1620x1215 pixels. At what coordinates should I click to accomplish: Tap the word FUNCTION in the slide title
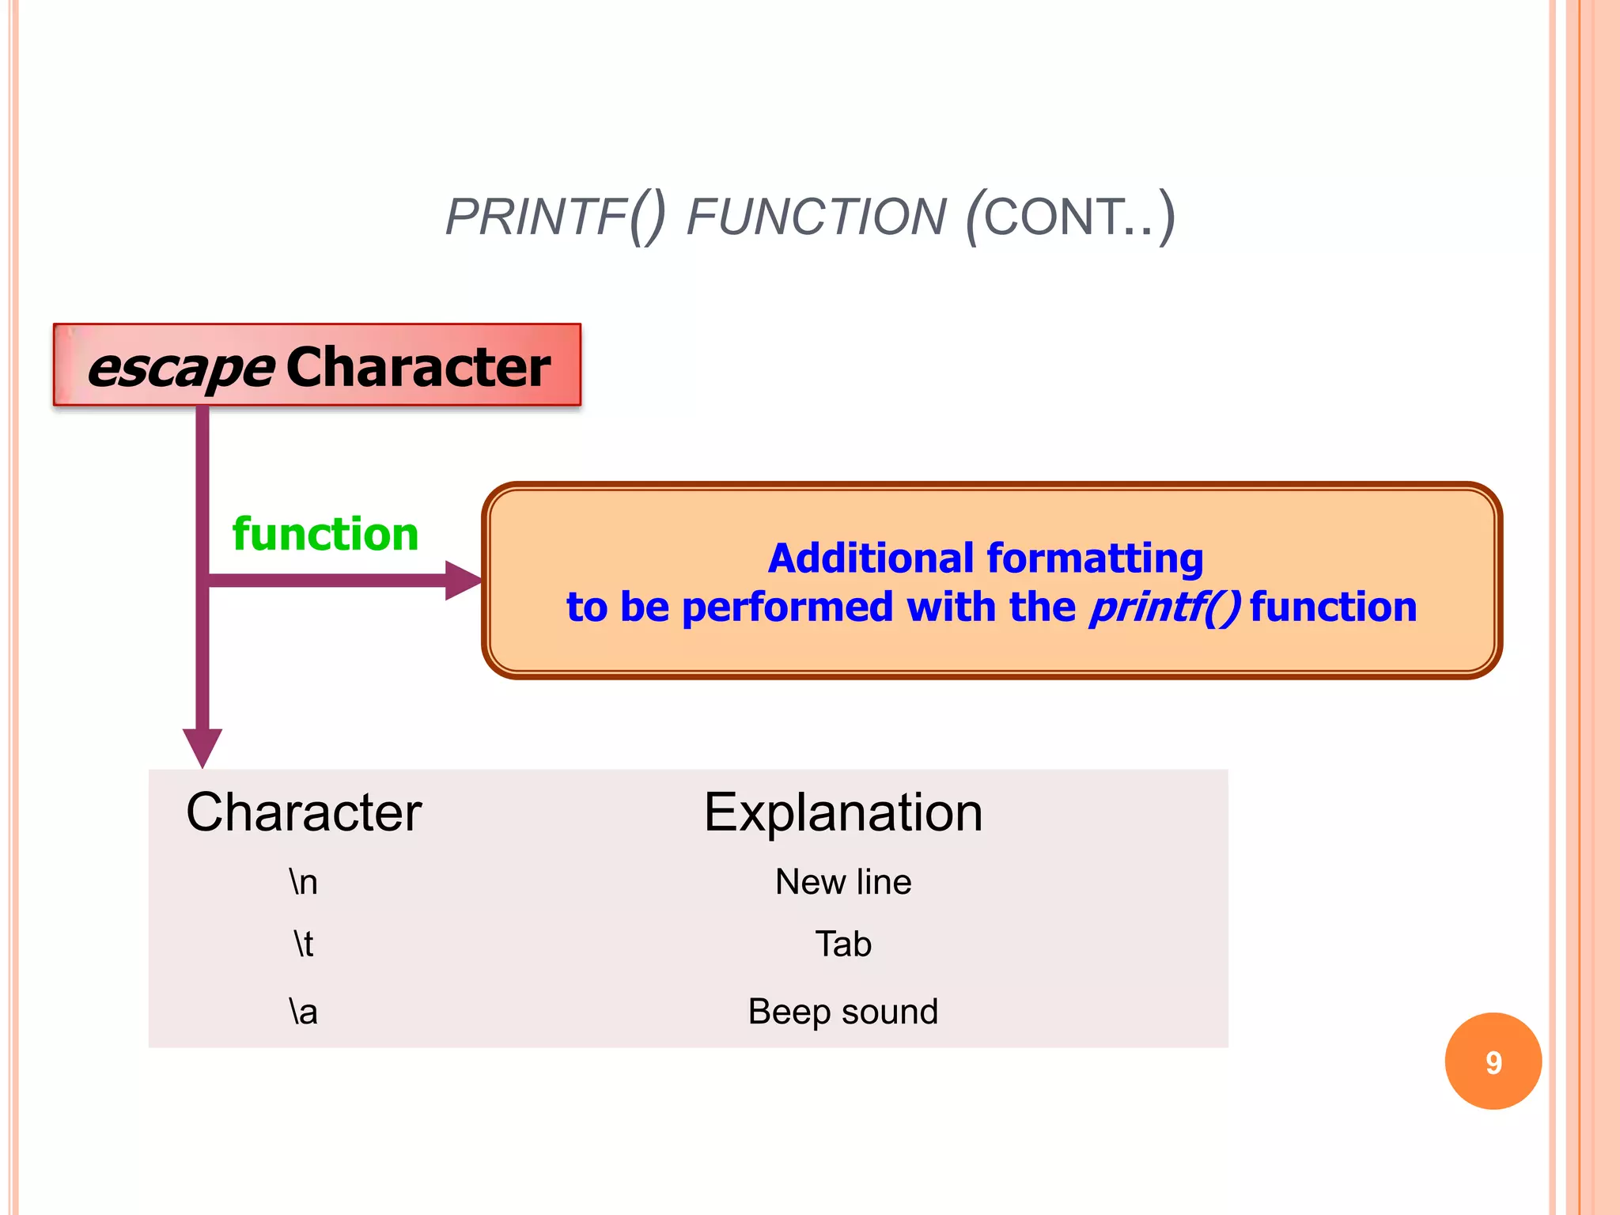816,217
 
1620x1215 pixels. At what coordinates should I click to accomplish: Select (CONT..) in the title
1070,217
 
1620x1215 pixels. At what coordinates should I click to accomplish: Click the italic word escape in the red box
181,368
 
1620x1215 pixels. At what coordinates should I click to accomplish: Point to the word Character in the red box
418,367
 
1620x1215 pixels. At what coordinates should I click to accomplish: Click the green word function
325,534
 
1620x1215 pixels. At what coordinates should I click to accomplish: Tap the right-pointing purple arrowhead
464,581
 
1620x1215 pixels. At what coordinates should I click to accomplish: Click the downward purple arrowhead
202,747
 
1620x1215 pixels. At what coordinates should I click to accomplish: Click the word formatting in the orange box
1096,558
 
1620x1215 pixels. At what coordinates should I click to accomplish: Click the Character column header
304,812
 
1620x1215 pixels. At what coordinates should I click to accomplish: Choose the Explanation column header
843,812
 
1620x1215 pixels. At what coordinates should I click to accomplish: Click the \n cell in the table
304,882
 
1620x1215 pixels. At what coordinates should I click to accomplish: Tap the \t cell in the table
304,944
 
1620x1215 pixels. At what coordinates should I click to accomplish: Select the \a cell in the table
304,1012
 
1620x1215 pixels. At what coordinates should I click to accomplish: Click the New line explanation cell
843,882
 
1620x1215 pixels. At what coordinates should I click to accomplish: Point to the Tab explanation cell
843,944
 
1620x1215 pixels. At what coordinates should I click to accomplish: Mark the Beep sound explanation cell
843,1012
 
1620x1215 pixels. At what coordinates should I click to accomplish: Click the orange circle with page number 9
1493,1062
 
